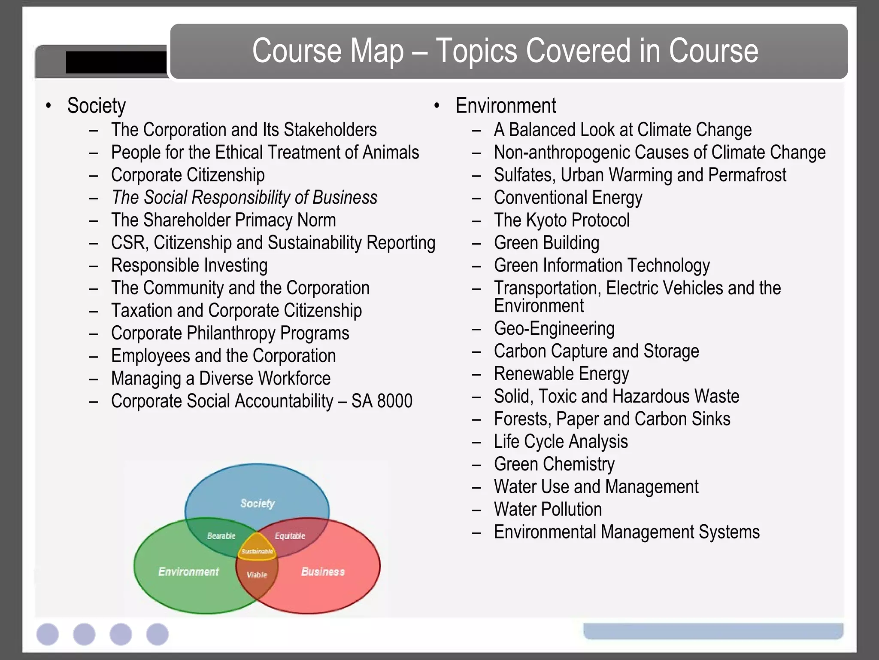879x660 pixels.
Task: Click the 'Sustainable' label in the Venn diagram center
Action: tap(257, 551)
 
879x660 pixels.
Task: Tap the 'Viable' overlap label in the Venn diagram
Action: tap(257, 574)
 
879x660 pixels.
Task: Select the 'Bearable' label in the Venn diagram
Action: tap(221, 536)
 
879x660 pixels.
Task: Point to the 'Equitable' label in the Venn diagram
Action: tap(290, 536)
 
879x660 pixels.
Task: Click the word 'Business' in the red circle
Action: tap(323, 571)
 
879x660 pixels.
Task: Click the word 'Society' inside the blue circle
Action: tap(257, 503)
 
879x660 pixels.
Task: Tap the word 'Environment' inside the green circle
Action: tap(188, 571)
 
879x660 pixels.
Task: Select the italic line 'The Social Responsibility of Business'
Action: tap(244, 198)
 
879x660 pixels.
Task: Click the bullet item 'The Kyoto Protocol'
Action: tap(561, 220)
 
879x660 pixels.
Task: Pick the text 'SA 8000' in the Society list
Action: tap(382, 401)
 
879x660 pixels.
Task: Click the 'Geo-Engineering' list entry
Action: tap(554, 329)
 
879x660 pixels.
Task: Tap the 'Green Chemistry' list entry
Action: tap(554, 464)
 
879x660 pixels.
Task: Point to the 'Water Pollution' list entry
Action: tap(548, 510)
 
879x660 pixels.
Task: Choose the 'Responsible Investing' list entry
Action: tap(189, 266)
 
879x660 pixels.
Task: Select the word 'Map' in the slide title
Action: tap(382, 52)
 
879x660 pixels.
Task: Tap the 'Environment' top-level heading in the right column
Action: tap(506, 106)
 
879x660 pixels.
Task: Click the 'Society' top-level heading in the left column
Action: tap(97, 106)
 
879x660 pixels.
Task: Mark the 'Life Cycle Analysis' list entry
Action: tap(561, 442)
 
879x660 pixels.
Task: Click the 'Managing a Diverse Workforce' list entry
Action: tap(221, 379)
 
